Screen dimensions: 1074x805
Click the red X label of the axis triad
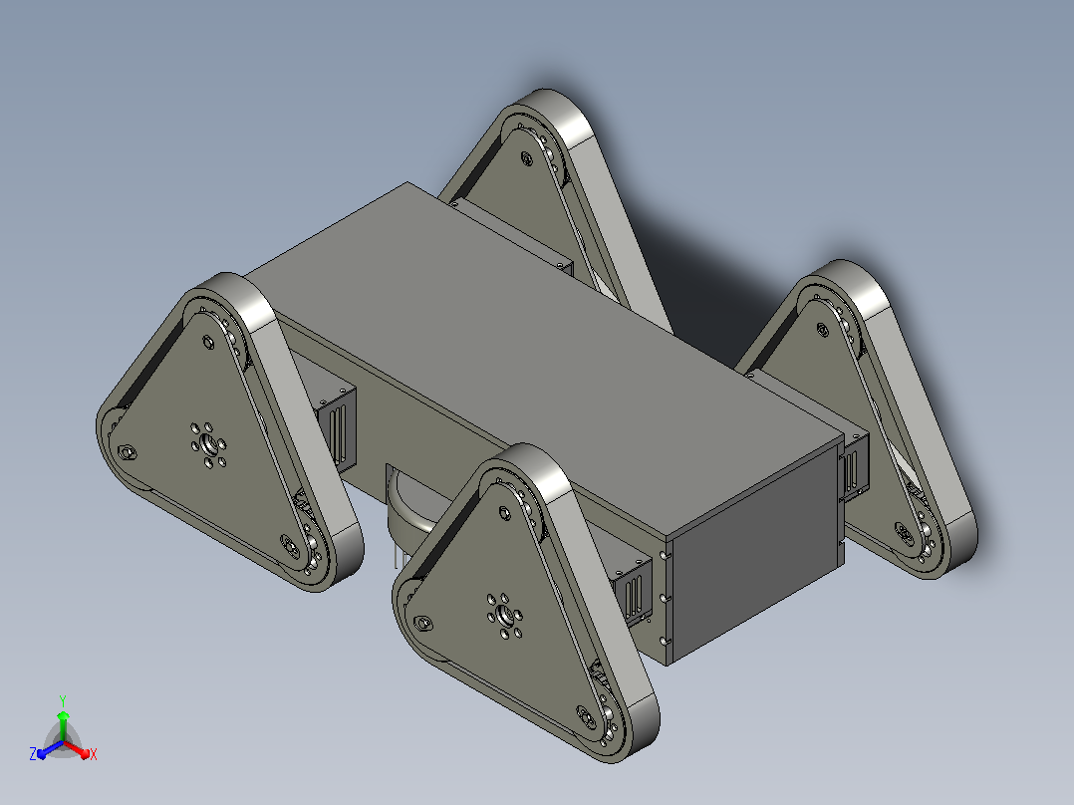click(94, 754)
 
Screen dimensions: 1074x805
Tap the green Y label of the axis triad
click(63, 700)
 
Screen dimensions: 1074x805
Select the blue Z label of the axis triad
click(33, 753)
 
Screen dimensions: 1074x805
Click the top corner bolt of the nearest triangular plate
click(504, 512)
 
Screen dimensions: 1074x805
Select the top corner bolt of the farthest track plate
click(526, 159)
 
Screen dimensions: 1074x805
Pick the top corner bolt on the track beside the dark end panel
click(822, 330)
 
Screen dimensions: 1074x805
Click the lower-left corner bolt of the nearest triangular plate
click(423, 623)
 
